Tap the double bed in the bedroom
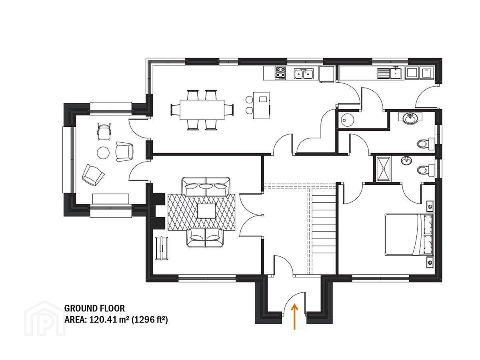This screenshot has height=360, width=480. pyautogui.click(x=409, y=234)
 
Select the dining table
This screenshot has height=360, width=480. pyautogui.click(x=202, y=110)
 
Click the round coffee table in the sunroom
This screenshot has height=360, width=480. pyautogui.click(x=103, y=153)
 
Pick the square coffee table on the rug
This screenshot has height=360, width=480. pyautogui.click(x=206, y=211)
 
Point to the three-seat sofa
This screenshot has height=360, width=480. pyautogui.click(x=206, y=186)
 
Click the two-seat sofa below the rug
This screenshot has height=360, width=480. pyautogui.click(x=205, y=238)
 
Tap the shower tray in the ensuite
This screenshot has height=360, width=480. pyautogui.click(x=384, y=169)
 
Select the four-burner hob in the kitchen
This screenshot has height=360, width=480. pyautogui.click(x=280, y=72)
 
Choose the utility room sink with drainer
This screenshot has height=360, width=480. pyautogui.click(x=390, y=73)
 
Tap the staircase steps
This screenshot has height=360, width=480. pyautogui.click(x=323, y=224)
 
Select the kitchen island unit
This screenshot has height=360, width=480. pyautogui.click(x=261, y=105)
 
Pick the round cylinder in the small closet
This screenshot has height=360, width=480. pyautogui.click(x=346, y=120)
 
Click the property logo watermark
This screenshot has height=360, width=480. pyautogui.click(x=44, y=319)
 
